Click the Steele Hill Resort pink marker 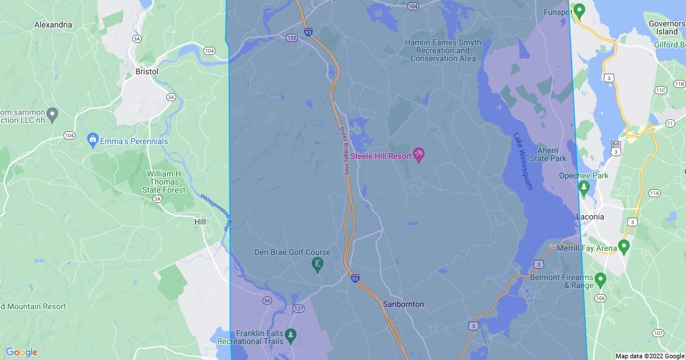click(418, 155)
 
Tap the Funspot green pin click(579, 10)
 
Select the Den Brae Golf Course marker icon click(317, 265)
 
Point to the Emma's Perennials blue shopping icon click(92, 139)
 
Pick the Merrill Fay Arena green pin click(624, 247)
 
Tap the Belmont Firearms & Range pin click(600, 279)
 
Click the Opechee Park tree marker click(584, 187)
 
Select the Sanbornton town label click(404, 304)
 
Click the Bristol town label click(147, 72)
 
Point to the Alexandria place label click(53, 25)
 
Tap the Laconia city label click(589, 217)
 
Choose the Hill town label click(200, 222)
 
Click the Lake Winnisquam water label click(523, 162)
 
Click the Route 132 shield click(292, 37)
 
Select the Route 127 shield click(298, 309)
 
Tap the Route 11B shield click(679, 85)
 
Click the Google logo click(22, 352)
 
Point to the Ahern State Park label click(548, 154)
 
